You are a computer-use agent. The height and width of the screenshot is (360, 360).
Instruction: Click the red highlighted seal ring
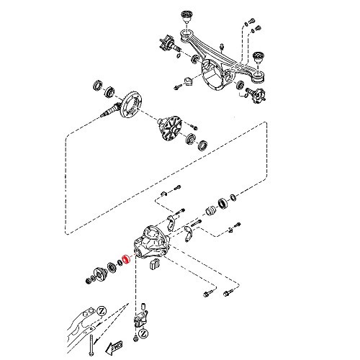pos(125,259)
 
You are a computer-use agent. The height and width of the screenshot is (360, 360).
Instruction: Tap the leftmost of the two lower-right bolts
pos(207,294)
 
